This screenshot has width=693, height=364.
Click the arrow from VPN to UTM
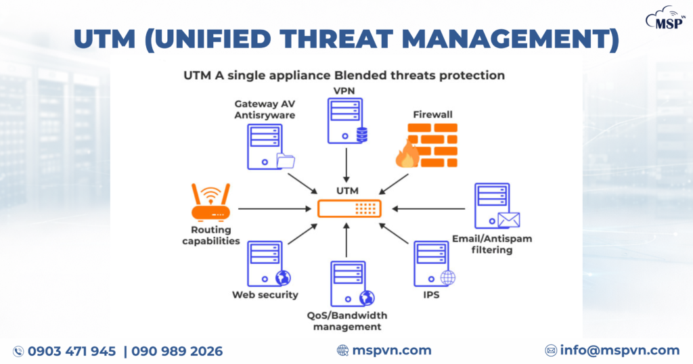[346, 166]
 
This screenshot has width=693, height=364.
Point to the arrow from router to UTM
[277, 209]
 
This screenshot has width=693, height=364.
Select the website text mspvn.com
[392, 350]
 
